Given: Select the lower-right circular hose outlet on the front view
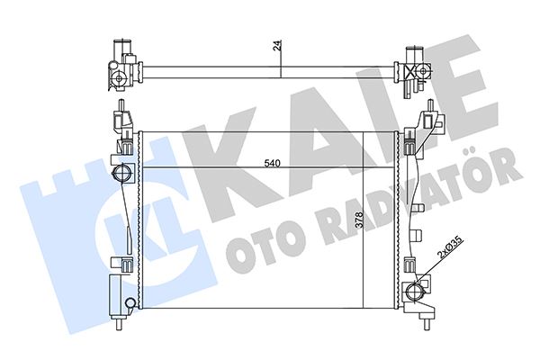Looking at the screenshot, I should coord(417,291).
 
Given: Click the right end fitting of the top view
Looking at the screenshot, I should coord(416,66).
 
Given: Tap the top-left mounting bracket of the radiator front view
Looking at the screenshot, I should coord(120,122).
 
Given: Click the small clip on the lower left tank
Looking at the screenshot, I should coord(118,264).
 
